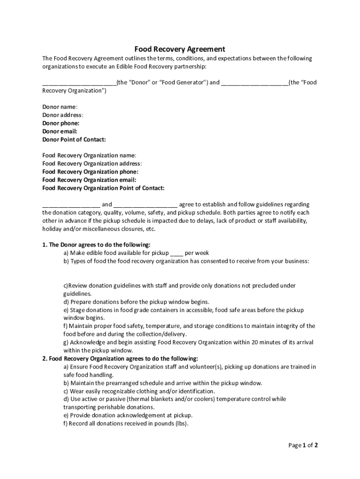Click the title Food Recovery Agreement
(180, 49)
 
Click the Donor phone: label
(61, 123)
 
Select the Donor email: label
(60, 131)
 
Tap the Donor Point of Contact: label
(74, 139)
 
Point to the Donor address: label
(63, 115)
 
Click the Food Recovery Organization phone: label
(90, 172)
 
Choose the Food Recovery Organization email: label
(89, 180)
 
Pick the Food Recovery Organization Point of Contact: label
(103, 188)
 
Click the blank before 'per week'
(177, 253)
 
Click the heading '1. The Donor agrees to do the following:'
(96, 245)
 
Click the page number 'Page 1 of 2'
(303, 445)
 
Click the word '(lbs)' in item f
(180, 424)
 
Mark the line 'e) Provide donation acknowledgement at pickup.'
(128, 415)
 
